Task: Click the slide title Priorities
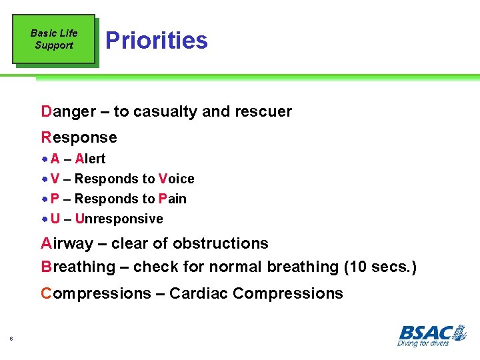point(157,40)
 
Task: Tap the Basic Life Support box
point(53,39)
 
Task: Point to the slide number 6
point(12,339)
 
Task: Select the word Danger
point(68,111)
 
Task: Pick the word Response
point(79,137)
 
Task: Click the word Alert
point(90,159)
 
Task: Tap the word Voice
point(177,179)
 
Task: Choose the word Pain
point(173,199)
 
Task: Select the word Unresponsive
point(119,219)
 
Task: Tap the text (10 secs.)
point(380,267)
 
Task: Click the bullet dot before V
point(44,179)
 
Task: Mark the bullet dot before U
point(44,219)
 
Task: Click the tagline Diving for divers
point(423,343)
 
